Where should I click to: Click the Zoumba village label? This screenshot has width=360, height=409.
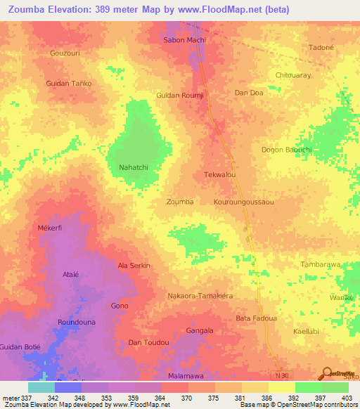click(x=179, y=202)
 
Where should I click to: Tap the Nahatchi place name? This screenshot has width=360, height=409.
click(x=132, y=167)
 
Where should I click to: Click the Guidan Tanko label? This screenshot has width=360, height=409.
click(x=69, y=84)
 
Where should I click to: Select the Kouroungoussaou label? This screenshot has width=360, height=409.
click(x=243, y=202)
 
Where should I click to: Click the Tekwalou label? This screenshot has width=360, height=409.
click(x=219, y=175)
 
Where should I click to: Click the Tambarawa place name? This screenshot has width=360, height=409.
click(x=320, y=265)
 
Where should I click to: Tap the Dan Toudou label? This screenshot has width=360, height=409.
click(x=148, y=342)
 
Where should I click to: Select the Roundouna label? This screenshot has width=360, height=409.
click(x=76, y=323)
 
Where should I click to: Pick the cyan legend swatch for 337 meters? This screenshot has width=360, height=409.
click(x=41, y=387)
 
